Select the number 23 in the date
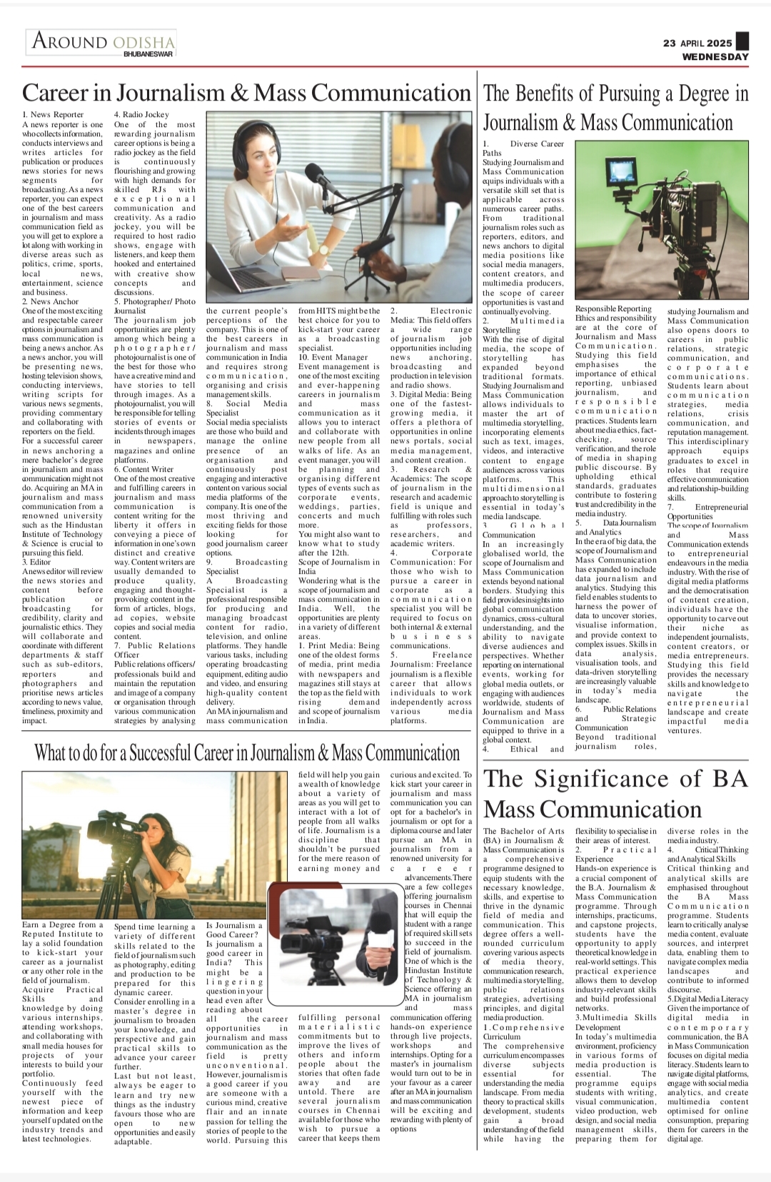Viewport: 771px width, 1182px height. [669, 43]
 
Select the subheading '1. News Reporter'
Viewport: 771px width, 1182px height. [53, 114]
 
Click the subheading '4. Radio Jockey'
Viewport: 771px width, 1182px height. [142, 114]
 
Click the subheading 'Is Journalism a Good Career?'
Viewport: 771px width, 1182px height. [234, 929]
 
